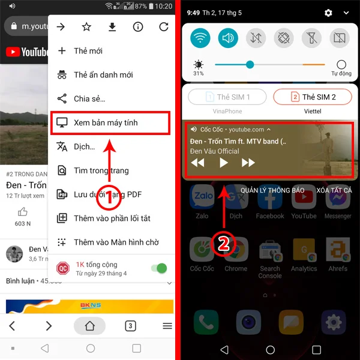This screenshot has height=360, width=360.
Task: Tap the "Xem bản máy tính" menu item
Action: coord(110,122)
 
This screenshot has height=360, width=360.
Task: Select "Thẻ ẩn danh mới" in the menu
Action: coord(103,75)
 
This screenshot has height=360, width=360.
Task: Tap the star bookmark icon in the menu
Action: coord(86,26)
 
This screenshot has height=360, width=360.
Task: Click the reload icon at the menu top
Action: coord(164,26)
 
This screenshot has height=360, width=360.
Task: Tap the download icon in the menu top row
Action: coord(112,26)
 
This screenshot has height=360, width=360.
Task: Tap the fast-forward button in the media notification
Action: coord(248,163)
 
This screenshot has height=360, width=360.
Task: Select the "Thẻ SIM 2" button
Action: coord(313,97)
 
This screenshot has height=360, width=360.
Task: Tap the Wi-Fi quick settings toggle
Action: coord(200,38)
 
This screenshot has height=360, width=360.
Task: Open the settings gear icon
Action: coord(328,13)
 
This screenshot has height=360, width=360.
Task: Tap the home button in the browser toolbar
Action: coord(89,326)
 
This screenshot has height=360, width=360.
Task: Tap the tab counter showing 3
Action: coord(130,326)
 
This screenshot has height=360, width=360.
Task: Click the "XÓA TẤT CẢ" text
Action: coord(334,190)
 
